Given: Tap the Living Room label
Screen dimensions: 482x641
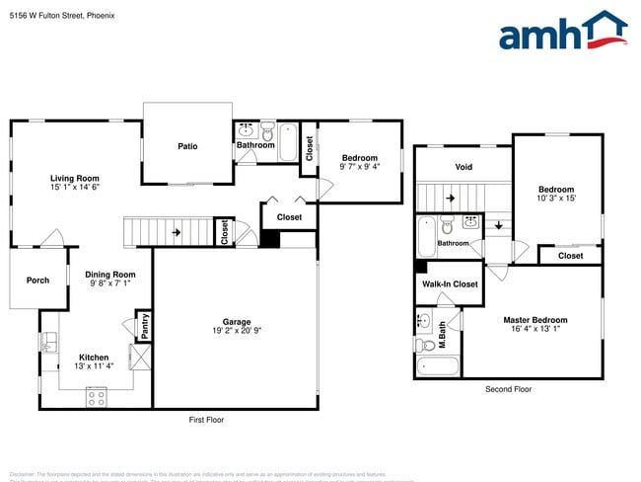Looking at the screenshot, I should coord(75,178).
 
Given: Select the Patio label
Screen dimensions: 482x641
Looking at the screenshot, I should coord(187,146).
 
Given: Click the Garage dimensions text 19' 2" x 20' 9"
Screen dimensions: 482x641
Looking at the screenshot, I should coord(236,331).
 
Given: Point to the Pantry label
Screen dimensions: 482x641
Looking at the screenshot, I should coord(144,326).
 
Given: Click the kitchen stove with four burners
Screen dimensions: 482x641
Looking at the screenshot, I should coord(97,397).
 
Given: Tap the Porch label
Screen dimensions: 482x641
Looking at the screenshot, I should coord(37,280).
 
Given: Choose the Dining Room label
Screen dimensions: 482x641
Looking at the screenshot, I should coord(108,275).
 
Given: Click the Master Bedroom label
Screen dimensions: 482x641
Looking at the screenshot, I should coord(535,320).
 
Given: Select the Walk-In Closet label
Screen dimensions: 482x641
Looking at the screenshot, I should coord(450,284).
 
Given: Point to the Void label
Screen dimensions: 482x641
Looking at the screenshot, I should coord(463,167).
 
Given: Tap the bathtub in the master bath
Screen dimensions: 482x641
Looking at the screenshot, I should coord(438,366).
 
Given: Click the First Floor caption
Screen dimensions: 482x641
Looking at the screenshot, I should coord(206,420).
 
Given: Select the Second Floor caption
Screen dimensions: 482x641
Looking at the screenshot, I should coord(508,389).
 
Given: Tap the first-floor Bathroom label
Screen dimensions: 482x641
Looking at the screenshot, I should coord(255,146).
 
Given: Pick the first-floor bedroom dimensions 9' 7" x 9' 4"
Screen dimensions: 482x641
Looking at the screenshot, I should coord(360,167).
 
